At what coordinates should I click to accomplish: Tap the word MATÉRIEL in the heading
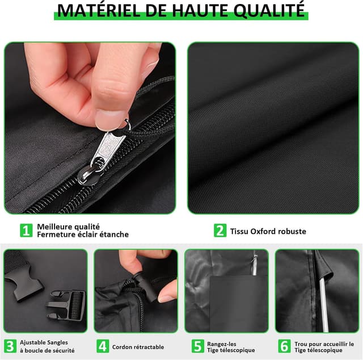point(99,10)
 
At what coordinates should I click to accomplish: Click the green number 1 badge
point(26,231)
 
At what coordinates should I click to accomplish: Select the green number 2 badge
point(220,231)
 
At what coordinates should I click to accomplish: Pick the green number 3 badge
point(10,346)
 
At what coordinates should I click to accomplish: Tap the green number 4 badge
point(103,346)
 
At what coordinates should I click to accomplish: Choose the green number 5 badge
point(198,346)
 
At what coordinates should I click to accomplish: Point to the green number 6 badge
point(285,346)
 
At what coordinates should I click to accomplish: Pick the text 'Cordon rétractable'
point(138,347)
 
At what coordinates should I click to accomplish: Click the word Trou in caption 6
point(301,344)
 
